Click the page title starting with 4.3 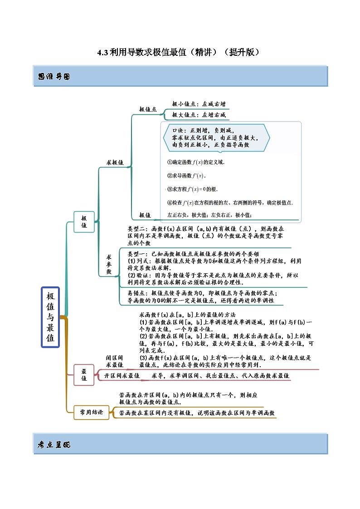[x=180, y=52]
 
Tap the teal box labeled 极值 [x=84, y=222]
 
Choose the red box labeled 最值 [x=84, y=374]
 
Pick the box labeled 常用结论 [x=91, y=412]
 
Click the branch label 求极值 [x=115, y=162]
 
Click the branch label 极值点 [x=148, y=110]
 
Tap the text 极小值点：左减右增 [x=199, y=104]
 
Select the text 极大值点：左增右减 [x=199, y=115]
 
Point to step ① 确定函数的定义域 [x=196, y=162]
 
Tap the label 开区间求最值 [x=122, y=376]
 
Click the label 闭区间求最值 [x=115, y=361]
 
